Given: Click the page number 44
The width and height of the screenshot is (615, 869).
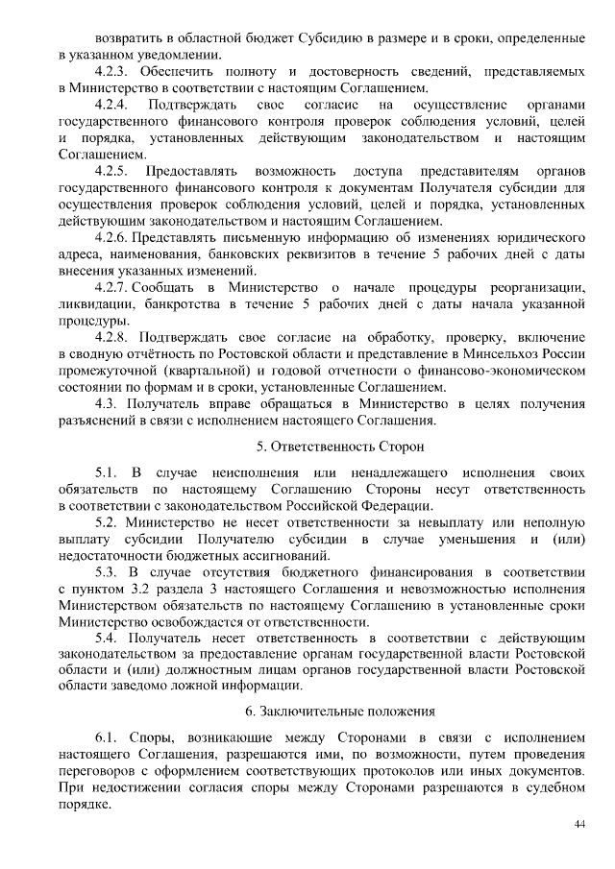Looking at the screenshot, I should click(x=579, y=825).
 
